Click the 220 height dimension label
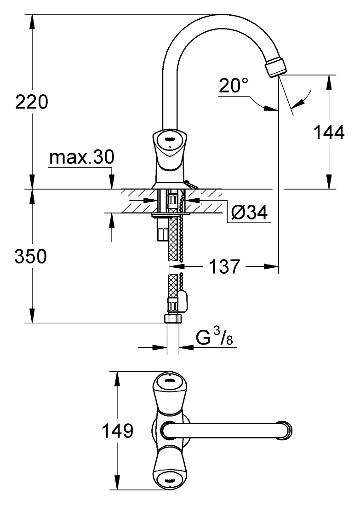(x=32, y=102)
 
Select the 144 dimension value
(x=329, y=132)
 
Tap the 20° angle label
(x=234, y=86)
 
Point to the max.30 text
(x=82, y=157)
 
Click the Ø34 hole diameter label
(x=250, y=213)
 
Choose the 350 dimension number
(x=31, y=257)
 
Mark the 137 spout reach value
(x=225, y=266)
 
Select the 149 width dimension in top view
(x=117, y=431)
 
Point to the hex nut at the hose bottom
(x=173, y=318)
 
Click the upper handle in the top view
(x=169, y=391)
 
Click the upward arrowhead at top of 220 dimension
(x=32, y=22)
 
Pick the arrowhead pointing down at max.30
(x=112, y=181)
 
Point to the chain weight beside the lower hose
(x=183, y=299)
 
